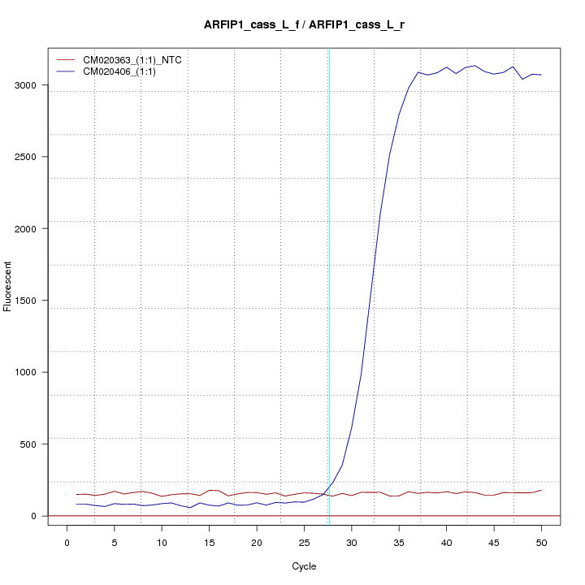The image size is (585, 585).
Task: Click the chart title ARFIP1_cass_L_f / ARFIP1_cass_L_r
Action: [305, 25]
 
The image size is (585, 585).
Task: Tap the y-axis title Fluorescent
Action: [9, 286]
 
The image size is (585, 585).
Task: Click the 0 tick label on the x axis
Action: [67, 542]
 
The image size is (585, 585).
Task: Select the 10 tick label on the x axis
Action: [162, 542]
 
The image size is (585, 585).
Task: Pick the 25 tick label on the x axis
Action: [304, 542]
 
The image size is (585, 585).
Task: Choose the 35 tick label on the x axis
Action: [399, 542]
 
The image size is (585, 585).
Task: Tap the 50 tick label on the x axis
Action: [541, 542]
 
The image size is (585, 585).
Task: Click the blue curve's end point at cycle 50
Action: [541, 75]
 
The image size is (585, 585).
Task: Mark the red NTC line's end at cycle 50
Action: [541, 490]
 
